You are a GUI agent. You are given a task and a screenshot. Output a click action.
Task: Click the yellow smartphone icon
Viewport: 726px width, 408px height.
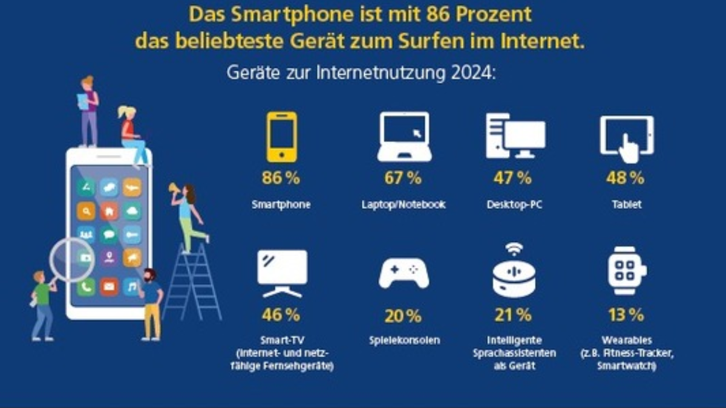tap(281, 137)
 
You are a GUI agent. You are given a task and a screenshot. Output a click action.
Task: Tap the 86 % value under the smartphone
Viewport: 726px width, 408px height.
tap(281, 178)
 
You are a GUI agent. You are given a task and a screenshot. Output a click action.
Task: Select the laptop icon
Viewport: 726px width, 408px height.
tap(404, 137)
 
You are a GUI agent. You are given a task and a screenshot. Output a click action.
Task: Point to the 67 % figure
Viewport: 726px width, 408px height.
tap(403, 178)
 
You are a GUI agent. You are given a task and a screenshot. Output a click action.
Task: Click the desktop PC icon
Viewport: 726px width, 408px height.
tap(515, 137)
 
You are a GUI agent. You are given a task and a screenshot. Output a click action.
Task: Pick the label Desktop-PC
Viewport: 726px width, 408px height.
tap(514, 205)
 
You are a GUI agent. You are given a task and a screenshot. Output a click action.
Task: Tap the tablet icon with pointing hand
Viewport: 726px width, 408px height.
tap(626, 138)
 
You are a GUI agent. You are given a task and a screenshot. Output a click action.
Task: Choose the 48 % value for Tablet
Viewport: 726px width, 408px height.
tap(626, 178)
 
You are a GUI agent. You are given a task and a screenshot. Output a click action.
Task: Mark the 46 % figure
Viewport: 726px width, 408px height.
tap(281, 315)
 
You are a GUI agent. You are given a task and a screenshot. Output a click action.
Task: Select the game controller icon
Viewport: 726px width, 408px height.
tap(404, 274)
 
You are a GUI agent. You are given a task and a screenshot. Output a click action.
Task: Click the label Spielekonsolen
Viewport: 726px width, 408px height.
tap(403, 341)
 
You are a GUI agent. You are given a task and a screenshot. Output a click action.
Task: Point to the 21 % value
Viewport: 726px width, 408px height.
tap(514, 315)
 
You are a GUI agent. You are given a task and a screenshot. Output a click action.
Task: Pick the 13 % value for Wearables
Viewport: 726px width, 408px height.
tap(626, 315)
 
